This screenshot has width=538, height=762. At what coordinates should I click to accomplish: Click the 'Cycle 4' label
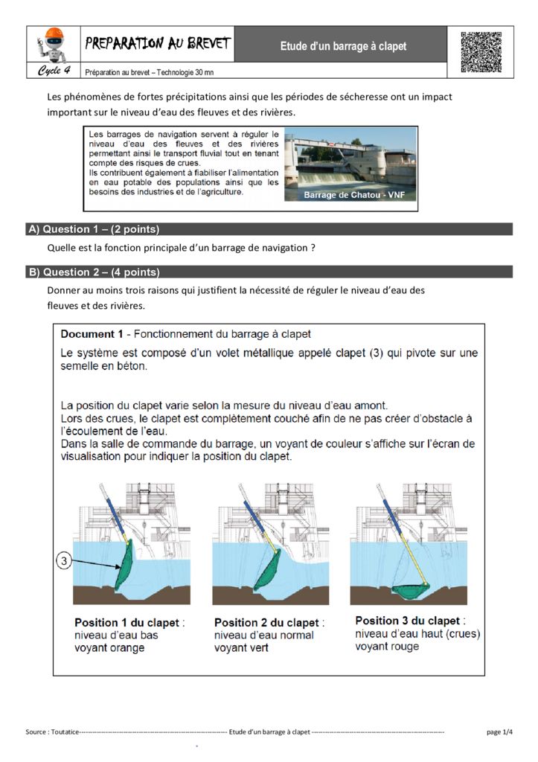click(54, 71)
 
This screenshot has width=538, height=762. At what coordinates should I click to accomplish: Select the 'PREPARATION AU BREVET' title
click(157, 44)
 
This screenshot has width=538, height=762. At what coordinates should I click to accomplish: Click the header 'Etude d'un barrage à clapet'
click(343, 46)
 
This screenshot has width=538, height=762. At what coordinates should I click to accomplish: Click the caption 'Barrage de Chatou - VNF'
click(350, 195)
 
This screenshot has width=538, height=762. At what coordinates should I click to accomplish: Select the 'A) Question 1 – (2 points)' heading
click(95, 229)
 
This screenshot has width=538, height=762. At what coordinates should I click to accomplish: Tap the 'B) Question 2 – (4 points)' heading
click(95, 272)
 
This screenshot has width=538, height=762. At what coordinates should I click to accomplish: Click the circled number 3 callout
click(64, 563)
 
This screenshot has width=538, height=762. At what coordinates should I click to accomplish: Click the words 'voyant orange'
click(109, 648)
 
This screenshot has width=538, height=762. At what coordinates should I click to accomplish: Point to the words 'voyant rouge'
click(387, 647)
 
